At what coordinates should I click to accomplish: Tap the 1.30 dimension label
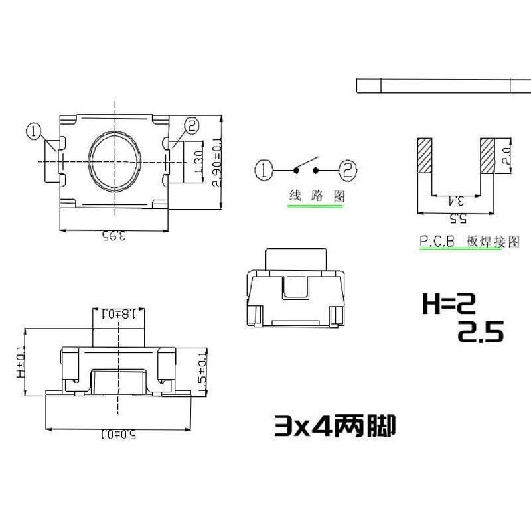[x=197, y=161]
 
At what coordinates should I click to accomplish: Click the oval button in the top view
[x=114, y=161]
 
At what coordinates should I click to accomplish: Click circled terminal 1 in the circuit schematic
[x=264, y=170]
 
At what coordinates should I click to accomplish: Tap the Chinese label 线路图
[x=317, y=196]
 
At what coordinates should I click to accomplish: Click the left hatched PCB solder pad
[x=425, y=156]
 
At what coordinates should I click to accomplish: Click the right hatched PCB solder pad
[x=488, y=156]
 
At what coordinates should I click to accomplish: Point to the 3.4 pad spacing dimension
[x=456, y=199]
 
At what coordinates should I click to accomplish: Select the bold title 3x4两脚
[x=335, y=425]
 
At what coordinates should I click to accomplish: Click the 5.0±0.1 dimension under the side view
[x=119, y=435]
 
